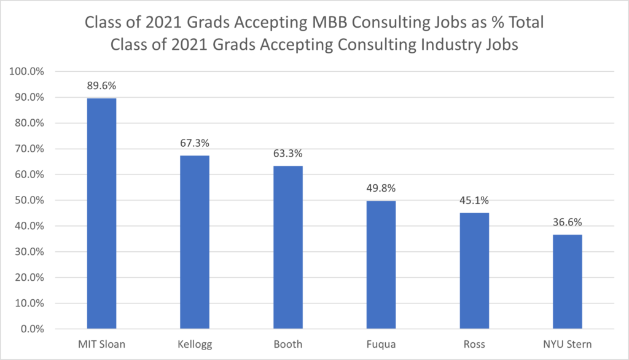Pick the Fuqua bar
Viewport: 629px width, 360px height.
pyautogui.click(x=381, y=264)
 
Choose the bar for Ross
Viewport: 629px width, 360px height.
pyautogui.click(x=474, y=270)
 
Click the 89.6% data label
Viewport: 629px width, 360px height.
pyautogui.click(x=101, y=85)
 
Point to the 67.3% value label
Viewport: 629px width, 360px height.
pyautogui.click(x=195, y=143)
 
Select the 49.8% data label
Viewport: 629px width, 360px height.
pyautogui.click(x=381, y=188)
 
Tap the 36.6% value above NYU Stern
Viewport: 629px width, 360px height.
pyautogui.click(x=567, y=222)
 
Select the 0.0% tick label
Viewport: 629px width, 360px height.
pyautogui.click(x=32, y=329)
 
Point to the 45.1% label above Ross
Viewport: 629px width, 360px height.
pyautogui.click(x=474, y=200)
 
